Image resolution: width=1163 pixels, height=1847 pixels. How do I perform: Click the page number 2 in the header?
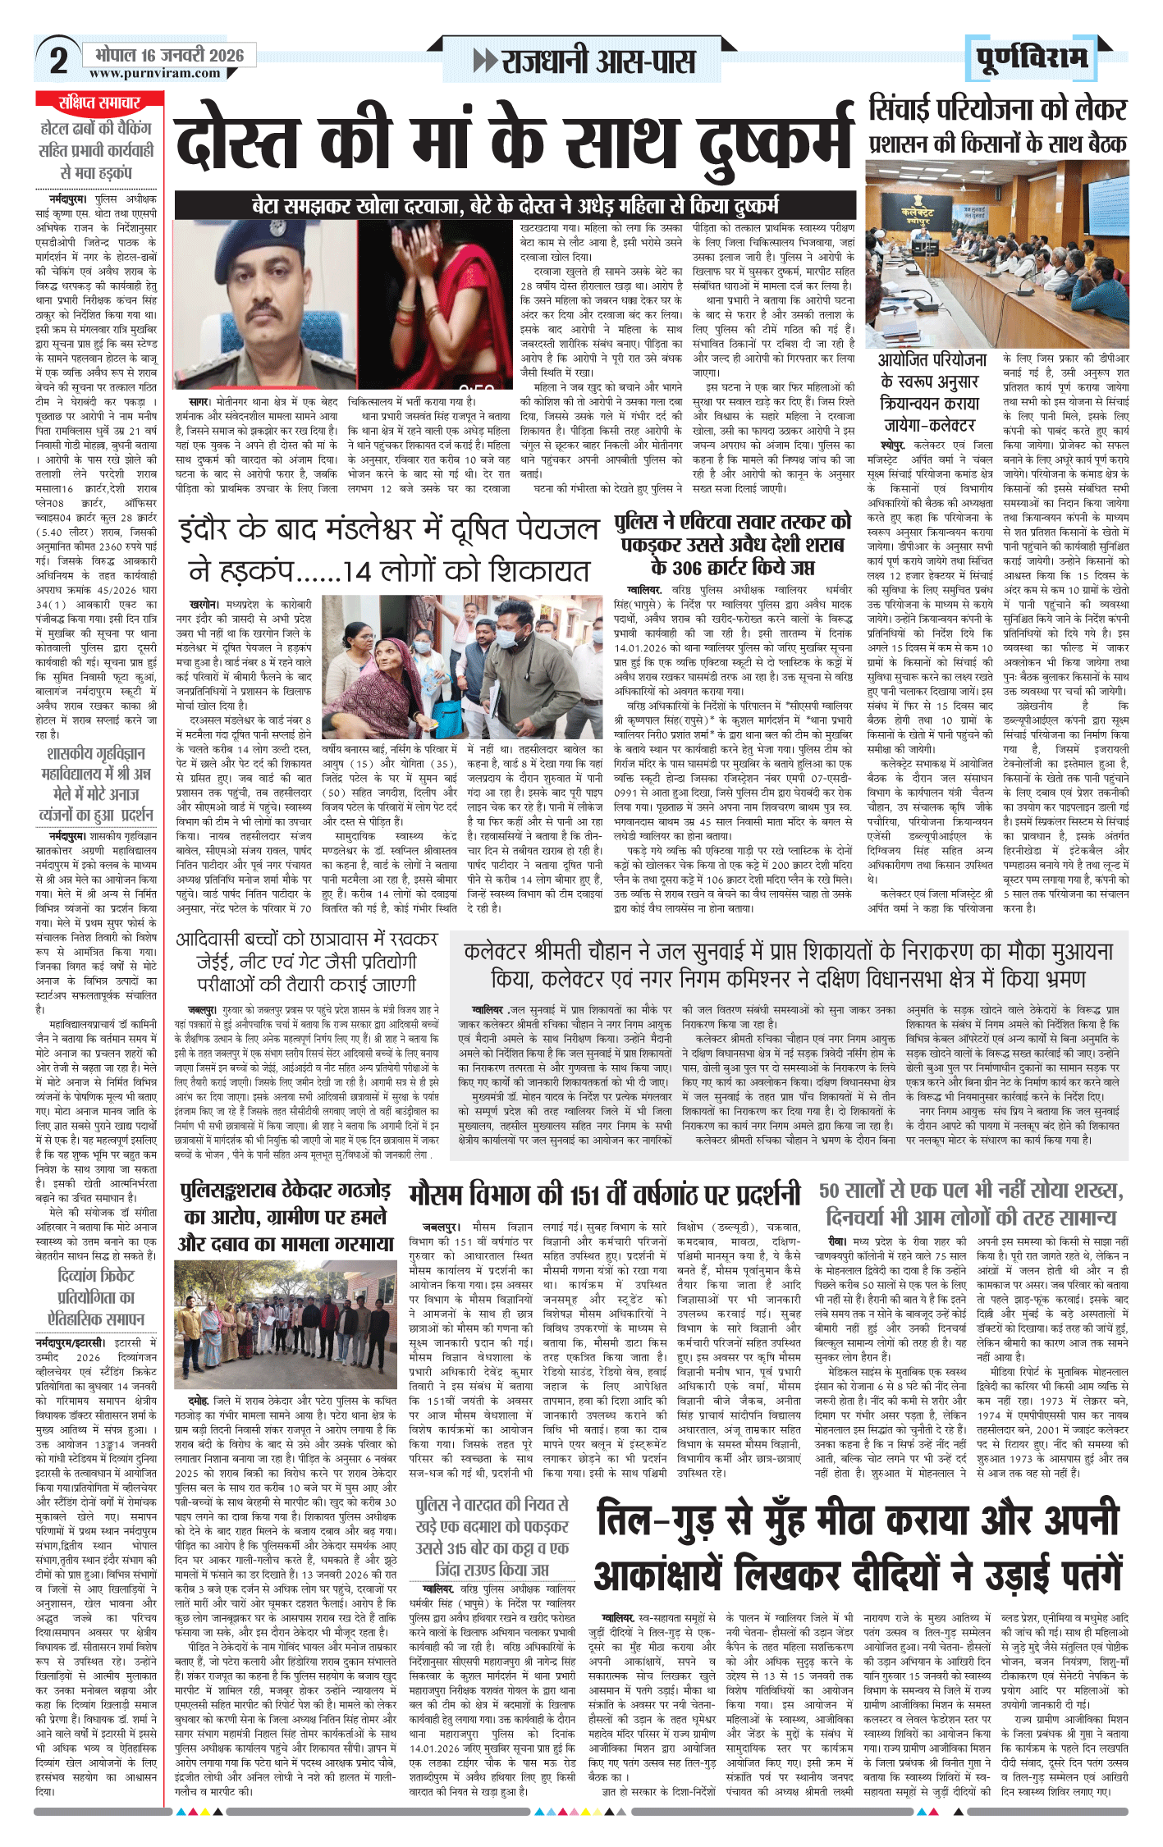tap(58, 61)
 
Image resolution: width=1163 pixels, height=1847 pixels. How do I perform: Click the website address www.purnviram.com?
tap(154, 73)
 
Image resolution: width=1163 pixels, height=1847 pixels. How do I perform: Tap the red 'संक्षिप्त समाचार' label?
tap(99, 103)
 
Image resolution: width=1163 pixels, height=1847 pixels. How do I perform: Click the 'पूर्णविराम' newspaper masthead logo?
tap(1033, 58)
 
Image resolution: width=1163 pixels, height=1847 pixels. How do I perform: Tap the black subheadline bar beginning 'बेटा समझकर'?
tap(515, 205)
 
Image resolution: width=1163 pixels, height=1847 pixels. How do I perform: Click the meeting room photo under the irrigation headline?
tap(997, 254)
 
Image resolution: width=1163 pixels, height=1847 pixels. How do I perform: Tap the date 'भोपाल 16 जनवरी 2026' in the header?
tap(169, 55)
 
